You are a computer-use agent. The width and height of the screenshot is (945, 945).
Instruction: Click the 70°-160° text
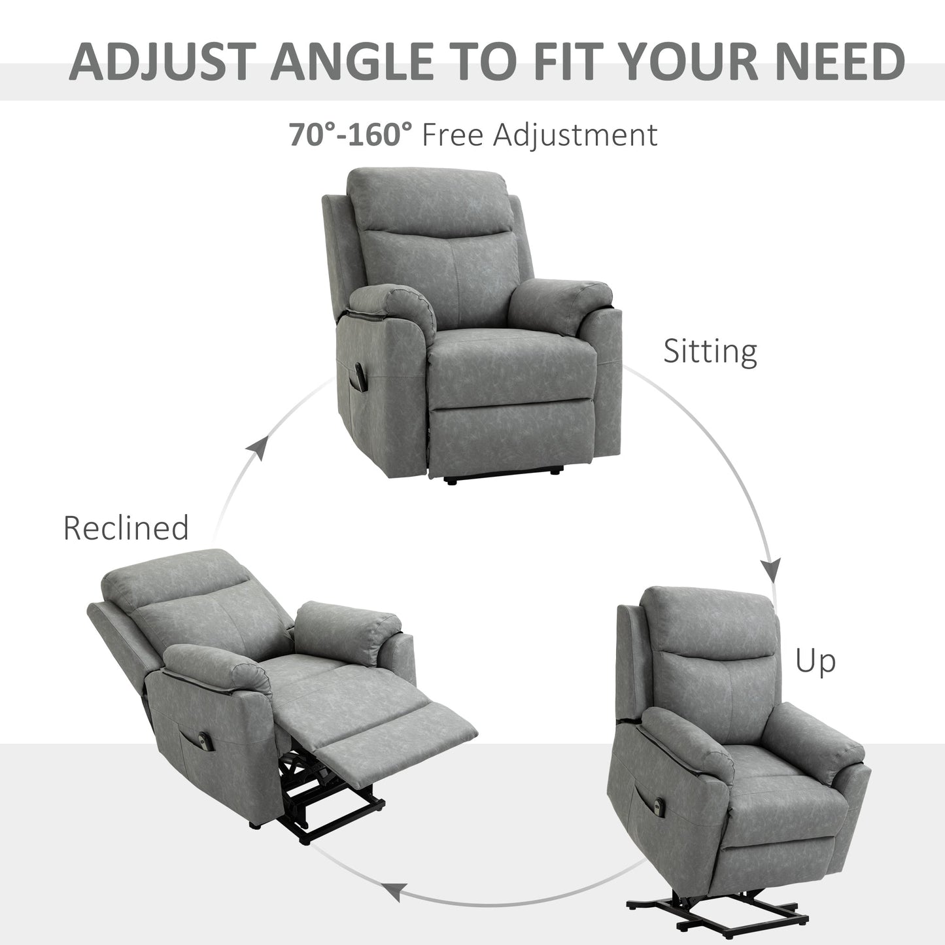[351, 135]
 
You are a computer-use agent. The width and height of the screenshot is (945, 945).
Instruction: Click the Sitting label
[710, 352]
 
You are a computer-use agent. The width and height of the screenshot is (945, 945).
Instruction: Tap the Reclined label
[126, 528]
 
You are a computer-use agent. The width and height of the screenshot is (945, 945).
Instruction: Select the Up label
[815, 661]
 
